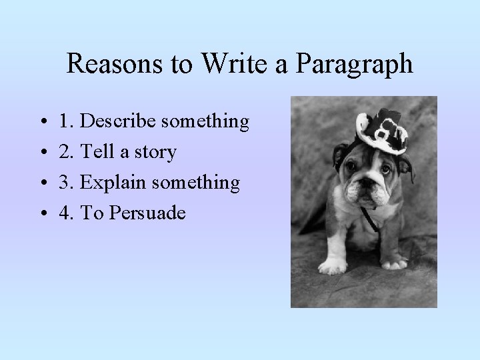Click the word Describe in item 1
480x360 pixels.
(117, 122)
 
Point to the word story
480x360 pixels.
(155, 153)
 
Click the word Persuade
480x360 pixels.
(147, 213)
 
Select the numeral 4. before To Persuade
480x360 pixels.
(67, 213)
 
